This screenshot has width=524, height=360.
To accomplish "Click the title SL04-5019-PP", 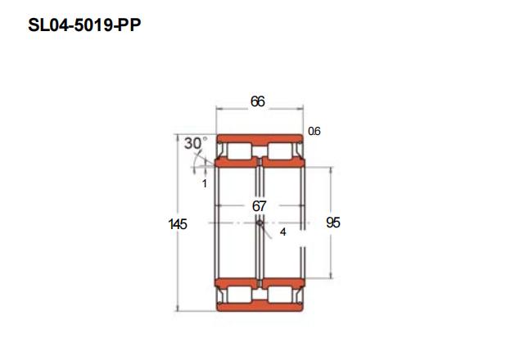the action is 84,25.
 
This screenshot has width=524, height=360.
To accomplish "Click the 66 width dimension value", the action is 258,101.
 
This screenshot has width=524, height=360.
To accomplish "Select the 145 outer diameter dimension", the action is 178,224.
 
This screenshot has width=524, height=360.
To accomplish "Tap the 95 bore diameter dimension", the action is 333,223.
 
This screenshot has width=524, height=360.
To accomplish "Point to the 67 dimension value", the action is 259,206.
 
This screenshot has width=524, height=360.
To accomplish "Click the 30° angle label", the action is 196,143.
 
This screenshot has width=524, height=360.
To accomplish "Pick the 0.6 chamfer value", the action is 314,131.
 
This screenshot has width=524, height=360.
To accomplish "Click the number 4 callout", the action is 283,232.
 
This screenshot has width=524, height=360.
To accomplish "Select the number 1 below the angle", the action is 205,183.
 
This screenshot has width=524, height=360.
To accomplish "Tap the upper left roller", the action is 239,151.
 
